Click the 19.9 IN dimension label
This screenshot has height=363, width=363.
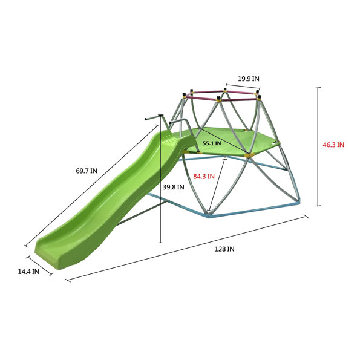(x=249, y=79)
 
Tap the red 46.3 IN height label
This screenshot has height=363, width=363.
(x=333, y=145)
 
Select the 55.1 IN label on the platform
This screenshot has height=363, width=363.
(x=212, y=143)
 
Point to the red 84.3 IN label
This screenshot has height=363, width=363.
(x=204, y=177)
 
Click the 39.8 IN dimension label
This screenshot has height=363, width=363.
(x=174, y=187)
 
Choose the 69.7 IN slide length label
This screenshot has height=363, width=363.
(x=87, y=171)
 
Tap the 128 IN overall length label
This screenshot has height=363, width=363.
(x=224, y=249)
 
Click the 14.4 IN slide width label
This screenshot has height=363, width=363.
(x=28, y=272)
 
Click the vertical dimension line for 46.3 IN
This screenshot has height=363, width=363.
(x=319, y=146)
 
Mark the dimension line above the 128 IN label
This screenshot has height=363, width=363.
(x=187, y=249)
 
